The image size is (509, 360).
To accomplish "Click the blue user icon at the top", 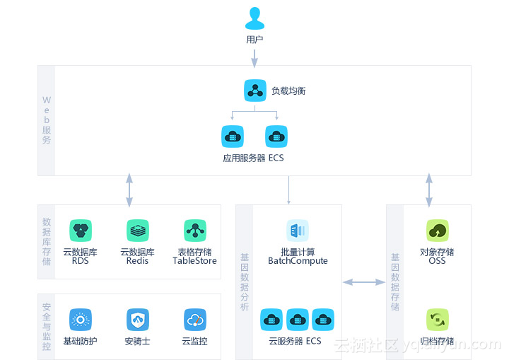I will coord(255,18).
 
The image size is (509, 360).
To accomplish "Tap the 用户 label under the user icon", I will coord(255,40).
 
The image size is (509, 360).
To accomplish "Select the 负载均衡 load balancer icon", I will coord(255,91).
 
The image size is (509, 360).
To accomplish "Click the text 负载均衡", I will coord(288,91).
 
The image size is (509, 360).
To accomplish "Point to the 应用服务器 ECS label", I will coord(253,158).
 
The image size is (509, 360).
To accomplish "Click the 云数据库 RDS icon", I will coord(81,231).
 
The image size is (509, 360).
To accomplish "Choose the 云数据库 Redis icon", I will coord(138,231).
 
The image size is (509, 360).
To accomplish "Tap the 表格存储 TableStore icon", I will coord(194,231).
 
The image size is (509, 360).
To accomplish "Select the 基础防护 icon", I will coord(81,320).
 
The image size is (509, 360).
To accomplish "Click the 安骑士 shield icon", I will coord(138,320).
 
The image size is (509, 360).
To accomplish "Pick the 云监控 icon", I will coord(194,320).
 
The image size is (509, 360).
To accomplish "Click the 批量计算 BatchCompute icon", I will coord(298,231).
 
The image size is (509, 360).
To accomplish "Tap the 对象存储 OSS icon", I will coord(438,231).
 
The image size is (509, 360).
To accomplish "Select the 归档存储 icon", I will coord(438,320).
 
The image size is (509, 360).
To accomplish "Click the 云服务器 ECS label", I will coord(295,342).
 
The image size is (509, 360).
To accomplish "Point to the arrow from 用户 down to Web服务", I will coord(255,56).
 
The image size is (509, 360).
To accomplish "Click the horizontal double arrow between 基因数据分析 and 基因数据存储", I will coord(363,282).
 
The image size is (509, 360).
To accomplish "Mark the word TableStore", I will coord(194,261).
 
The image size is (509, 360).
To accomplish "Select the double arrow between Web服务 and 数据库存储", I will coord(129,190).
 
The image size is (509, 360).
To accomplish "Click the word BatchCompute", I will coord(298,261).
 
